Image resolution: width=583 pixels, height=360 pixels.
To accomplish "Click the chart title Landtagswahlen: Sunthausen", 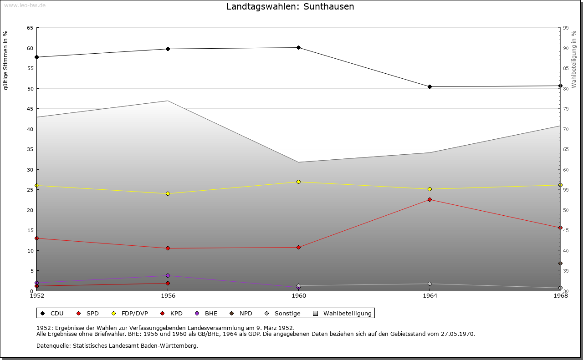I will (x=290, y=7).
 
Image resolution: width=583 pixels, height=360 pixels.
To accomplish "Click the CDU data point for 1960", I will (x=298, y=47).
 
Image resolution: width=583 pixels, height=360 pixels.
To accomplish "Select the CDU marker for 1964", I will (x=430, y=86).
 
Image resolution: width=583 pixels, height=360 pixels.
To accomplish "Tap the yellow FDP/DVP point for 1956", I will (x=168, y=193).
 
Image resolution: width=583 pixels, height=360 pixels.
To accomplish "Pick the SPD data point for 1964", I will (x=430, y=199).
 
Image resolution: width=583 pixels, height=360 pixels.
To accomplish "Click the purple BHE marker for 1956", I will (x=168, y=275).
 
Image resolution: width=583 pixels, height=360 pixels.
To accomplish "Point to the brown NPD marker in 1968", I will (x=560, y=263).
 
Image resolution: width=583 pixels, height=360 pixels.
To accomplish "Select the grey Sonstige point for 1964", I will (x=430, y=284).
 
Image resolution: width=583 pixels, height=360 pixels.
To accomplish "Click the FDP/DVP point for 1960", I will (x=298, y=182).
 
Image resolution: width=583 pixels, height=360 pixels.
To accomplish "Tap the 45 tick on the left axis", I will (x=30, y=109).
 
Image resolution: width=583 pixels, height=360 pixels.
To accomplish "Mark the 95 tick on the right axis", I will (x=566, y=28).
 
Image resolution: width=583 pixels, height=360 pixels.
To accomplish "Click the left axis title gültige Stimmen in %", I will (x=6, y=61).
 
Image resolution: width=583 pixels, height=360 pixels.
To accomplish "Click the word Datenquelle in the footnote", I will (x=51, y=345).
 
